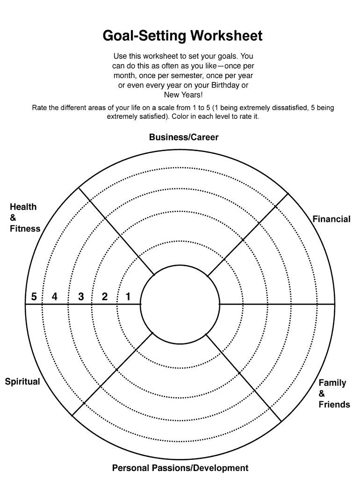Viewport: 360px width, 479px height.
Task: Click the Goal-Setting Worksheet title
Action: [182, 36]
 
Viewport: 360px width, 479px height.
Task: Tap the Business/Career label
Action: [184, 137]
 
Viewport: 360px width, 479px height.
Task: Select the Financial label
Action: [331, 219]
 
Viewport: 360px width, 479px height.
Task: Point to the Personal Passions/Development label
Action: [180, 468]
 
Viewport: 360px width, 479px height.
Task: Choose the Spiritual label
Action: [22, 382]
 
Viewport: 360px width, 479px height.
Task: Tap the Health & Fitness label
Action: [25, 218]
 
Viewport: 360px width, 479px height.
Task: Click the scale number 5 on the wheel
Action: [34, 297]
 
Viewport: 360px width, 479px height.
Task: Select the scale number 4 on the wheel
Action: [55, 297]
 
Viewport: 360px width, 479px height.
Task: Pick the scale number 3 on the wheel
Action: [81, 297]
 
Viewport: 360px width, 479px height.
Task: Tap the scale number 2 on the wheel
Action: [105, 297]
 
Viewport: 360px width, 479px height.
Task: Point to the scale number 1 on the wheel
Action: [128, 297]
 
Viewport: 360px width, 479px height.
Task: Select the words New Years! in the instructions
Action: [183, 95]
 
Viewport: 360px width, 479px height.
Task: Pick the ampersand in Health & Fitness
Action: [13, 218]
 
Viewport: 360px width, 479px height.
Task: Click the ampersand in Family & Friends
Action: [322, 393]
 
